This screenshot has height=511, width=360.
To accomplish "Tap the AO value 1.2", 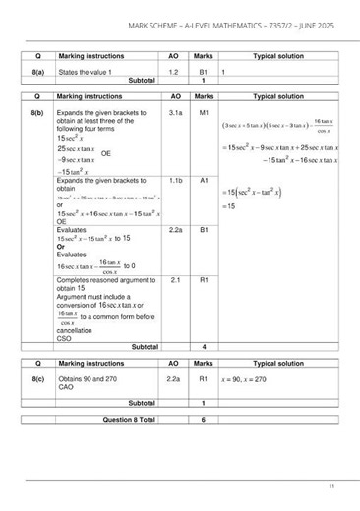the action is point(175,72).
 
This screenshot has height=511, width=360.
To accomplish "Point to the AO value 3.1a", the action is point(175,114).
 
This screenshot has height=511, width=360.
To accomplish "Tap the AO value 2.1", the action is point(175,280).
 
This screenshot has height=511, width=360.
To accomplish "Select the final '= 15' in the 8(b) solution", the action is point(230,206).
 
